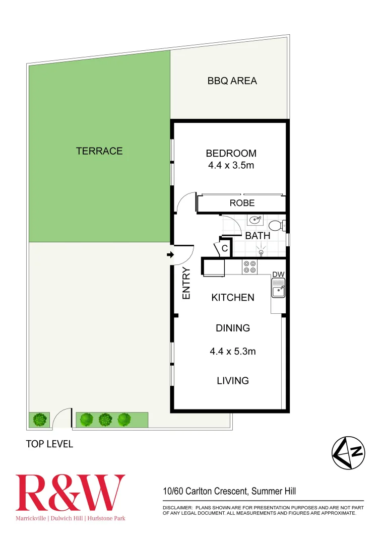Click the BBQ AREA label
pos(232,81)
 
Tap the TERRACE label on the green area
pos(99,151)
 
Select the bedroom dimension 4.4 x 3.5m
pos(231,165)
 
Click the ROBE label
pos(242,203)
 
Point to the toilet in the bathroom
pos(276,225)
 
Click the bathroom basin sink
pos(256,220)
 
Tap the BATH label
pos(258,235)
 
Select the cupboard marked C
pos(225,248)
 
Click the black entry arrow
pos(170,255)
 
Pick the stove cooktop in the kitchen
pos(249,266)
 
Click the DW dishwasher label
pos(279,274)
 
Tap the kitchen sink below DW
pos(278,290)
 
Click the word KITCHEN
pos(232,298)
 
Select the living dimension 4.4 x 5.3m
pos(232,352)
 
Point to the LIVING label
pos(232,380)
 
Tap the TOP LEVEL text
pos(49,444)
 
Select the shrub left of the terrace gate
pos(39,419)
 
